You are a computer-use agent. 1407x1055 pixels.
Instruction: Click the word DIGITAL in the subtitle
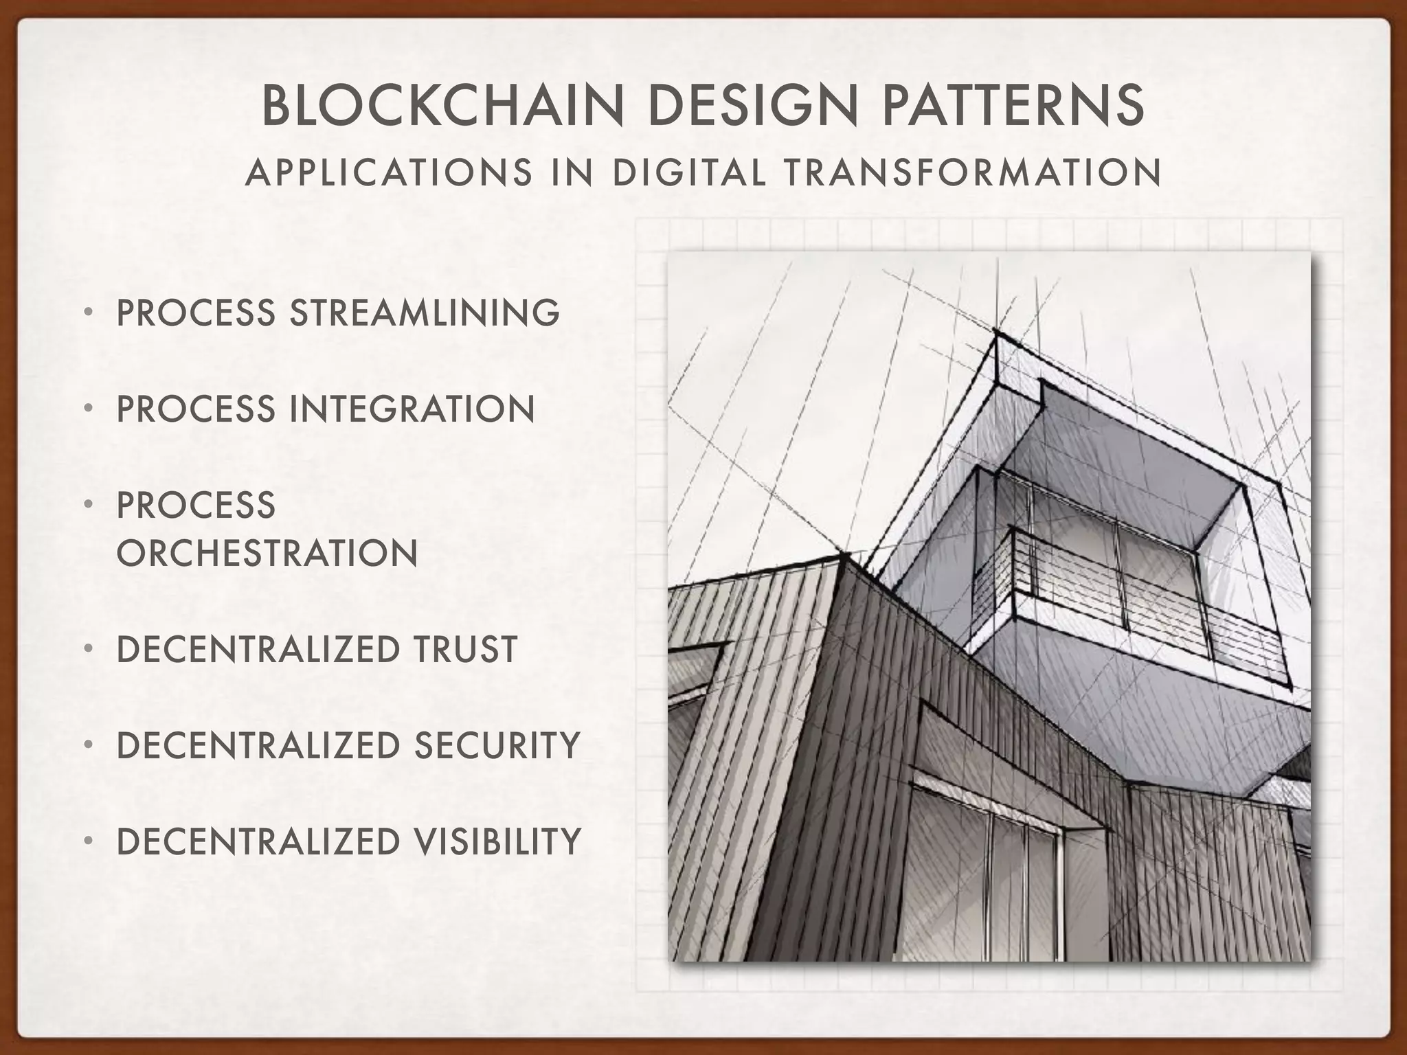click(689, 172)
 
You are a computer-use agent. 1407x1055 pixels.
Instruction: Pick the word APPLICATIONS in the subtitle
click(389, 172)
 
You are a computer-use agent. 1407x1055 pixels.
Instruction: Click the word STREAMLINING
click(425, 313)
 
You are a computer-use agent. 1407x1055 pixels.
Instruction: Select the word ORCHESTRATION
click(267, 553)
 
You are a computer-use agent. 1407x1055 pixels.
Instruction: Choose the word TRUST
click(465, 649)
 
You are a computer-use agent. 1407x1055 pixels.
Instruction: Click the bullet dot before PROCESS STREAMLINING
click(88, 313)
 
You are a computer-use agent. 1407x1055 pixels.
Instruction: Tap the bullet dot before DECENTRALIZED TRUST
click(88, 649)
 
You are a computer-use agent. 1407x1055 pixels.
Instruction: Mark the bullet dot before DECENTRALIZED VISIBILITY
click(88, 841)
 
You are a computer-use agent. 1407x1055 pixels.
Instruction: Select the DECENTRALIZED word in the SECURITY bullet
click(258, 745)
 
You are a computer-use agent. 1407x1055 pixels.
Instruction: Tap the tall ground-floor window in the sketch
click(989, 886)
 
